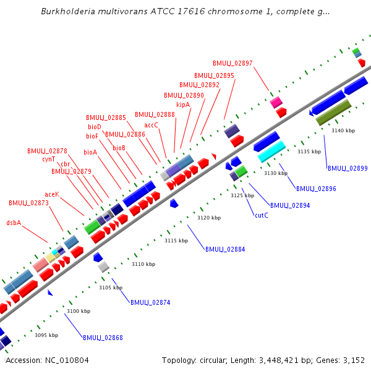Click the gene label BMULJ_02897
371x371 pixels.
(x=232, y=63)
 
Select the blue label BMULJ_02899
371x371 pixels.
(x=348, y=168)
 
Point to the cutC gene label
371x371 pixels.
(x=262, y=215)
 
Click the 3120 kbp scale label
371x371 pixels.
(x=209, y=218)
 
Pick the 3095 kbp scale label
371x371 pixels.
(x=46, y=335)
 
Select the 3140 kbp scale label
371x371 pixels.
(x=343, y=130)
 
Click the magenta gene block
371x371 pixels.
(x=276, y=102)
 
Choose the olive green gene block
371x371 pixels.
(x=334, y=113)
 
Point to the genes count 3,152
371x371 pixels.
(x=353, y=360)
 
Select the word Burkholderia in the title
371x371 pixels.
(x=67, y=12)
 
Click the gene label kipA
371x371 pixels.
(x=183, y=105)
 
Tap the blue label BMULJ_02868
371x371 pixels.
(x=103, y=338)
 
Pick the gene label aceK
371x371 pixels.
(x=52, y=194)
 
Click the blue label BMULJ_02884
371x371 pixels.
(x=225, y=250)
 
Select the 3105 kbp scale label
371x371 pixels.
(x=111, y=288)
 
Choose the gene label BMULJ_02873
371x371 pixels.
(x=28, y=203)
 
